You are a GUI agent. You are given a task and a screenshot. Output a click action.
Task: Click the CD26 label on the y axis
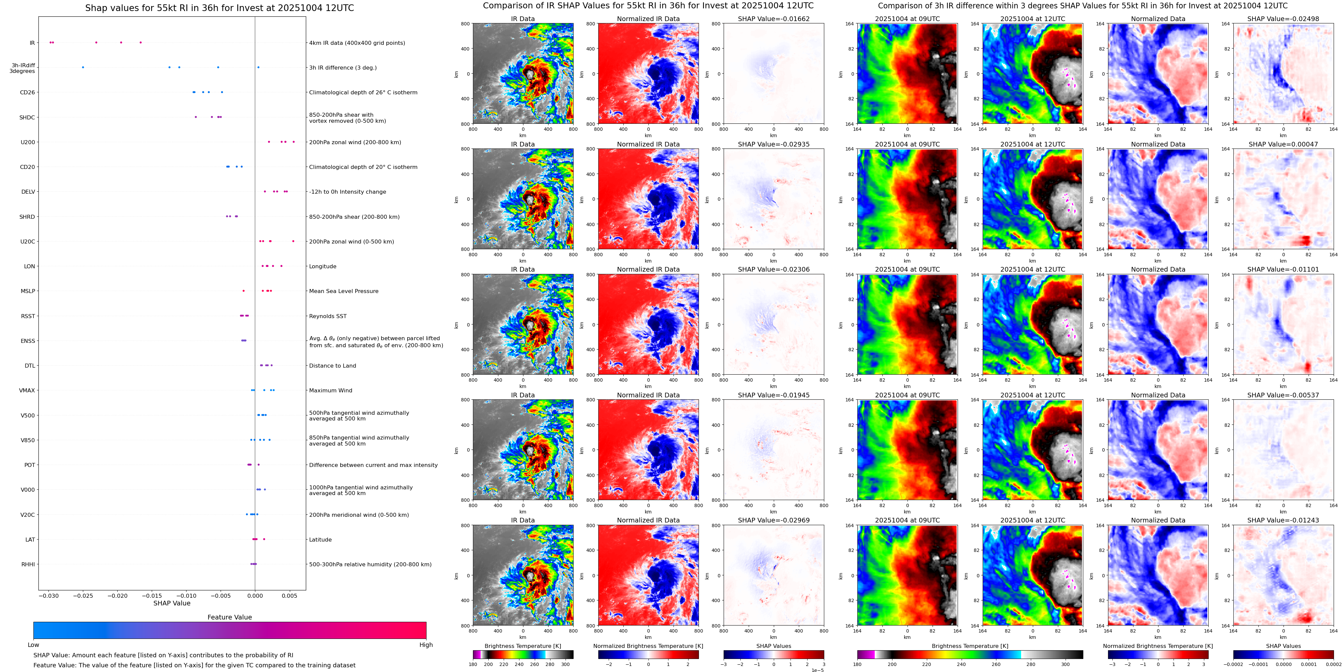pos(27,92)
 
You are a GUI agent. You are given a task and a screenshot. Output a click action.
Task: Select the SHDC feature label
pos(27,117)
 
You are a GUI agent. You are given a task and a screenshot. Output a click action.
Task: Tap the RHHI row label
pos(28,564)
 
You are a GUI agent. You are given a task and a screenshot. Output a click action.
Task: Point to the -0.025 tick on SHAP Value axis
pos(83,596)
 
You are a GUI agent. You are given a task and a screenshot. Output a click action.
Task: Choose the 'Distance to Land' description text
pos(332,366)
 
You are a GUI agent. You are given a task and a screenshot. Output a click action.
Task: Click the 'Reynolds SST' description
pos(328,316)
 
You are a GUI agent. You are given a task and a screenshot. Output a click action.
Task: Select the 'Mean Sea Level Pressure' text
pos(343,291)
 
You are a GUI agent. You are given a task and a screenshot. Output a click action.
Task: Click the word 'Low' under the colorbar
pos(33,645)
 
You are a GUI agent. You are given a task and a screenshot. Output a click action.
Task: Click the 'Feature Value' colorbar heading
pos(229,617)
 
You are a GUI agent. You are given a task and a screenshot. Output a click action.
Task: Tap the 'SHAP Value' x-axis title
pos(171,603)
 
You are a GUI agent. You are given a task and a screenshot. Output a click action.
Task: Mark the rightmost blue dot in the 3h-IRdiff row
pos(258,67)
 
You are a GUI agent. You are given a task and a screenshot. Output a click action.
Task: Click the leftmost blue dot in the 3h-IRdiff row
pos(83,67)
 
